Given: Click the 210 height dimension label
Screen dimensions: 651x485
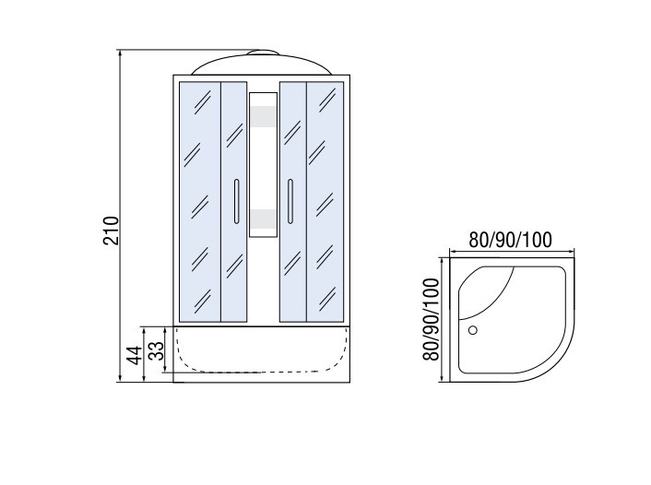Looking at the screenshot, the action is [x=111, y=231].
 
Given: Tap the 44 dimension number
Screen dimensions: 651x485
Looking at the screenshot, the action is [x=135, y=355].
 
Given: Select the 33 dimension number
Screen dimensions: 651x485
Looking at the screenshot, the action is [x=156, y=351].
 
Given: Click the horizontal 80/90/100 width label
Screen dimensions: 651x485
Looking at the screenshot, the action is [x=510, y=240].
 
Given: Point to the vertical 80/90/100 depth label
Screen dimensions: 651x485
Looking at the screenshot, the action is [x=431, y=319].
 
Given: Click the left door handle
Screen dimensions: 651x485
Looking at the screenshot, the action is [x=236, y=201].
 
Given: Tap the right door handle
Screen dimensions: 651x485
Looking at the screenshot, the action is [x=290, y=201].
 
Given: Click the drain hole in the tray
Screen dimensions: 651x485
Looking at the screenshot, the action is [x=472, y=330].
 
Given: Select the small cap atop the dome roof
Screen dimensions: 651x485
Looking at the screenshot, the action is [x=262, y=53].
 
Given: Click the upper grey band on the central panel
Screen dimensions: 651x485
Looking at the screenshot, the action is [x=263, y=116].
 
